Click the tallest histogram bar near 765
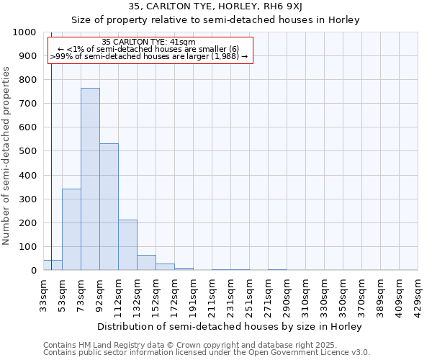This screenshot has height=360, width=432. [x=90, y=180]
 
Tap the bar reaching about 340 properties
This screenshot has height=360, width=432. [x=71, y=230]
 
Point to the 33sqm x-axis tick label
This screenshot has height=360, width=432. [x=43, y=293]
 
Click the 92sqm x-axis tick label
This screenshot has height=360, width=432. [x=99, y=293]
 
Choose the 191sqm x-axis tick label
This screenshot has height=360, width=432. [x=193, y=293]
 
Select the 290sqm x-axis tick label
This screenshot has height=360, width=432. [x=287, y=293]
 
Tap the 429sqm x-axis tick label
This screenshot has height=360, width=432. [x=418, y=293]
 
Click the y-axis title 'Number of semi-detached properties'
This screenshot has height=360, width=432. [x=7, y=156]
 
